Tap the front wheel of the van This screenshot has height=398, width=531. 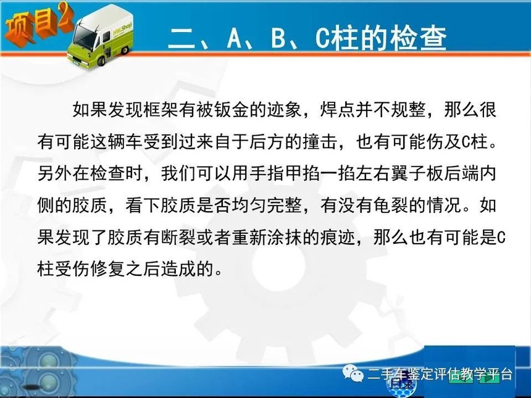[x=102, y=61]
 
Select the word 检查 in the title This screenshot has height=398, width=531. [x=417, y=38]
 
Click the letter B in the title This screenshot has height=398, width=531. [x=278, y=38]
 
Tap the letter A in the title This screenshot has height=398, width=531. [x=235, y=38]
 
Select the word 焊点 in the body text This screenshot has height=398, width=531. [x=338, y=109]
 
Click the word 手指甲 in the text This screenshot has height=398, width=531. [x=276, y=173]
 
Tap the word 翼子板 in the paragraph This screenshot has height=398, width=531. [x=417, y=173]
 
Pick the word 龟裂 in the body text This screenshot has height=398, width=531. [x=390, y=205]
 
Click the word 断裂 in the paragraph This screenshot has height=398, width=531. [x=179, y=237]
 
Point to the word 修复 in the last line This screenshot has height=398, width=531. [x=108, y=269]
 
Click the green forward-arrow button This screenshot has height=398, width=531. [x=489, y=377]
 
